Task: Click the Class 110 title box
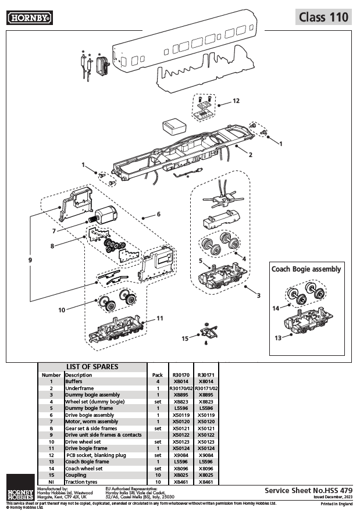[x=323, y=17]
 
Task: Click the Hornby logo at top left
[x=30, y=19]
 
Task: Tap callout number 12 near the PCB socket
[x=236, y=101]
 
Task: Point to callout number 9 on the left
[x=30, y=260]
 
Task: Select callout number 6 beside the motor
[x=158, y=214]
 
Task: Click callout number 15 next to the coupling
[x=185, y=338]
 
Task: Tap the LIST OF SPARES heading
[x=92, y=367]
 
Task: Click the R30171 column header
[x=206, y=375]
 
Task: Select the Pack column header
[x=158, y=375]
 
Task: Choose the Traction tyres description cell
[x=84, y=481]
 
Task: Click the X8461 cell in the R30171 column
[x=206, y=481]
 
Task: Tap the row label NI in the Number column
[x=51, y=481]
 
